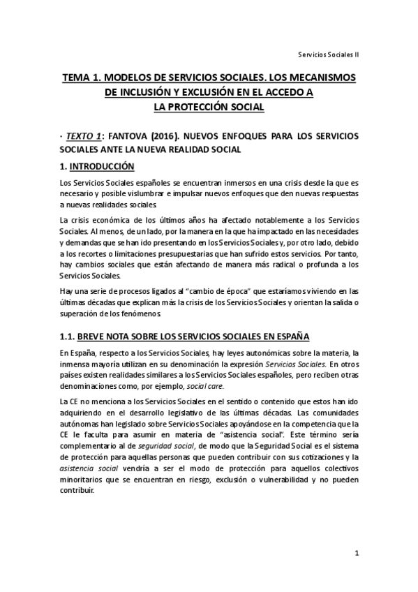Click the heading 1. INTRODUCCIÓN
pyautogui.click(x=96, y=166)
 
